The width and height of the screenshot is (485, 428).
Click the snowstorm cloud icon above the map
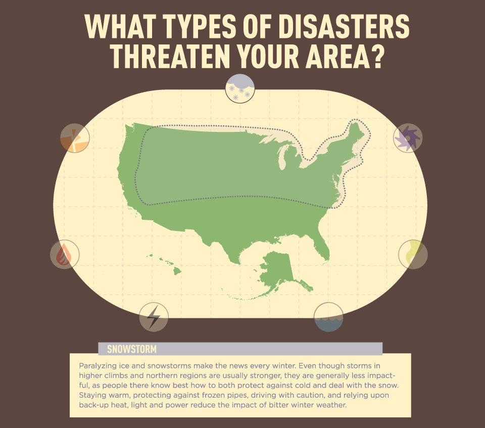click(x=240, y=88)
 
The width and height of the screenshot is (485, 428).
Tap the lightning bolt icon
click(x=154, y=317)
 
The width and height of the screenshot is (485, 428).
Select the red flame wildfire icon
click(x=64, y=254)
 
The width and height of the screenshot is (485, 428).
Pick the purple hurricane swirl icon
click(x=408, y=137)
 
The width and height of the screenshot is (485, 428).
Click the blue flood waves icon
click(x=328, y=317)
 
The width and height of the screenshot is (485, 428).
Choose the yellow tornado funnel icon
click(x=413, y=254)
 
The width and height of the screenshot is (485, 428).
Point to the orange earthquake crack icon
click(x=75, y=138)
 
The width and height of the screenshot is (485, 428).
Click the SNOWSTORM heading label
click(x=132, y=349)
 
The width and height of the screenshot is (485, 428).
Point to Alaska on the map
click(x=278, y=270)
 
